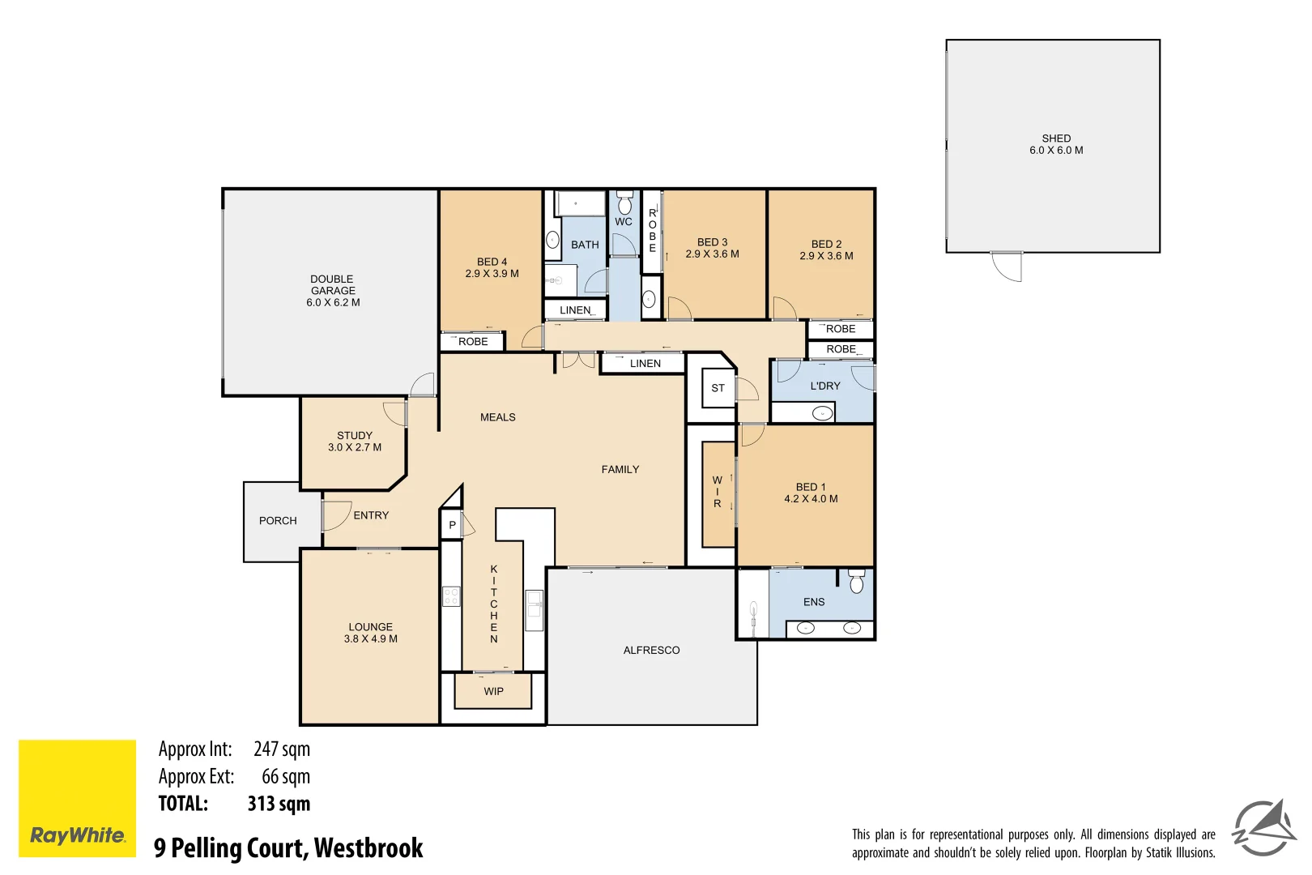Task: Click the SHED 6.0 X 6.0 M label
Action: pos(1056,144)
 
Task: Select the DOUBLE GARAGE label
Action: pos(333,290)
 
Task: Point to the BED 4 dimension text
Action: pos(492,274)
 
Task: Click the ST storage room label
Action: pos(718,388)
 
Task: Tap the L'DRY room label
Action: pos(825,386)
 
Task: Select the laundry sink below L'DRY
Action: pos(822,413)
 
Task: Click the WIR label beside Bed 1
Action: pos(717,492)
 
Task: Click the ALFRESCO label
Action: pos(651,650)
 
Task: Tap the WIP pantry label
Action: pos(493,691)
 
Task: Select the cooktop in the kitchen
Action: pos(451,597)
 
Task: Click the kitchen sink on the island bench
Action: pos(534,605)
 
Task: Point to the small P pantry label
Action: pos(452,525)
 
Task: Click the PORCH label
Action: pos(278,520)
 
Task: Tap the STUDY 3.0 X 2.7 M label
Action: pos(355,441)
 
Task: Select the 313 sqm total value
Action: pos(279,804)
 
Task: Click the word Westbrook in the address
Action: pos(368,847)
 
